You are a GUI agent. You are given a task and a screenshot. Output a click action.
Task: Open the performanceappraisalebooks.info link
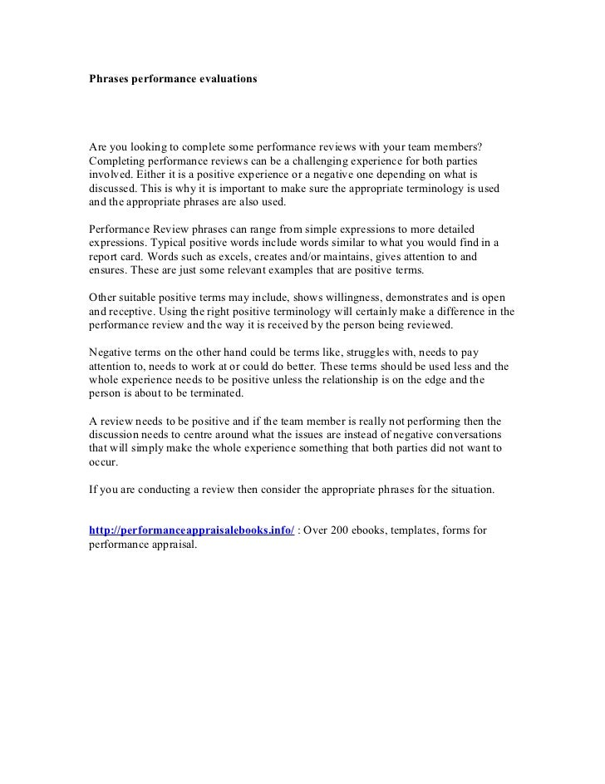point(191,530)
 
